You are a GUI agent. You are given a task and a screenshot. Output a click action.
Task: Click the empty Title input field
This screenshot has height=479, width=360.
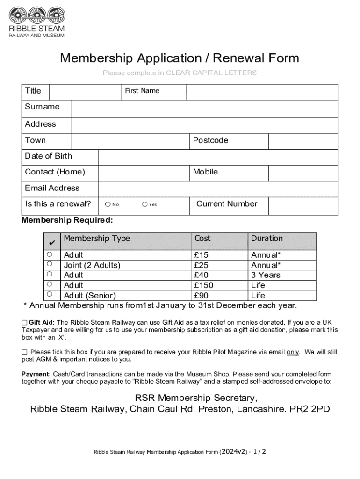(x=85, y=92)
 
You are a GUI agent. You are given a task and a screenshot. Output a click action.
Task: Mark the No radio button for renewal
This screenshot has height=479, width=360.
(x=108, y=204)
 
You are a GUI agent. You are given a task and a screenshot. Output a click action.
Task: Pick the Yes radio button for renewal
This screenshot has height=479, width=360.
(x=145, y=204)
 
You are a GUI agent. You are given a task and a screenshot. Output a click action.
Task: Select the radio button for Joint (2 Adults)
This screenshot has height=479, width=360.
(x=49, y=264)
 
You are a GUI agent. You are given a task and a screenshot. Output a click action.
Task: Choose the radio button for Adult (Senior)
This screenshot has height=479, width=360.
(x=49, y=294)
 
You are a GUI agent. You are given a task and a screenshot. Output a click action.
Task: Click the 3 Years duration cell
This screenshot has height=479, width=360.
(x=266, y=275)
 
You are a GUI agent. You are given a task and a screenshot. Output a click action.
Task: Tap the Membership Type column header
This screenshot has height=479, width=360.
(x=97, y=239)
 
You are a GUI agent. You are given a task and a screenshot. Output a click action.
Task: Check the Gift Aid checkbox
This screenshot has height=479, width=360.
(x=24, y=323)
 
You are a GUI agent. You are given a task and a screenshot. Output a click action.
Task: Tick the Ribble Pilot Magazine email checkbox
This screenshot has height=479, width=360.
(x=24, y=352)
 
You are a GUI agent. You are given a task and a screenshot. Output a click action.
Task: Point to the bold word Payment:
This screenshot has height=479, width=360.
(x=36, y=374)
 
